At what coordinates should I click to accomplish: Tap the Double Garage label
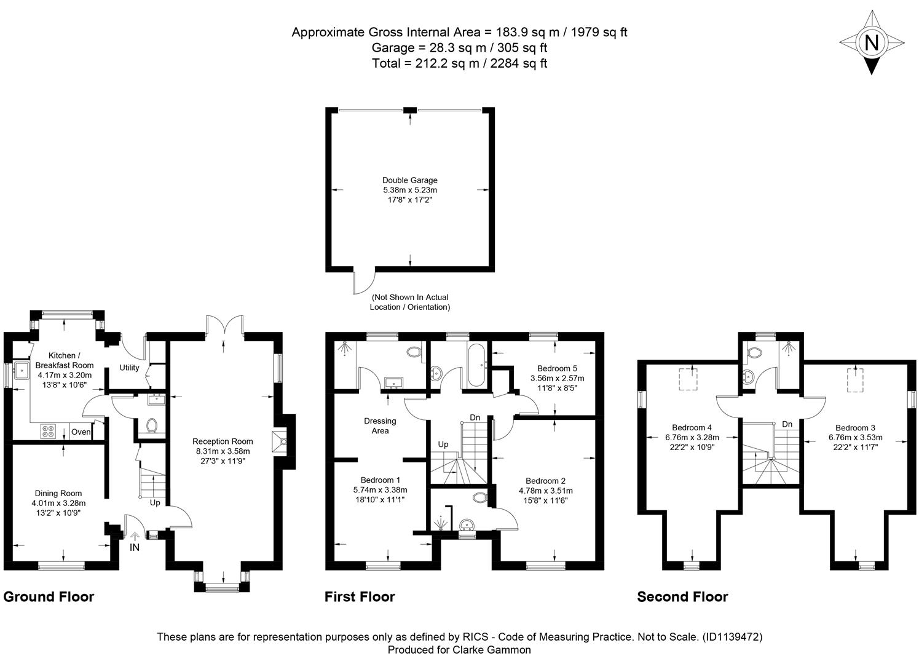[410, 180]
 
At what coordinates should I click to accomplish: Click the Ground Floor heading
[49, 596]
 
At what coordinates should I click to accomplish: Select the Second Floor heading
[682, 596]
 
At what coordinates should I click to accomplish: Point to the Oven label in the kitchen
[81, 432]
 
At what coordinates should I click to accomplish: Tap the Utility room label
[129, 368]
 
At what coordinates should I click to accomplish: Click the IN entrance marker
[134, 547]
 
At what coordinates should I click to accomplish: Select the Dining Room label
[58, 493]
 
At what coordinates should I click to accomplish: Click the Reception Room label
[223, 441]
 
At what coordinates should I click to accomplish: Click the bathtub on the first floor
[477, 365]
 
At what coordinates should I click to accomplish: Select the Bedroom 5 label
[557, 368]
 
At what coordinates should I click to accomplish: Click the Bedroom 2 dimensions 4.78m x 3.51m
[546, 491]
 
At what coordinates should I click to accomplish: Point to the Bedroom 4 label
[692, 427]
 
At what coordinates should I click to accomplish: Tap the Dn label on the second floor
[787, 424]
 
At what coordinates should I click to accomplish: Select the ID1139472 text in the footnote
[733, 637]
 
